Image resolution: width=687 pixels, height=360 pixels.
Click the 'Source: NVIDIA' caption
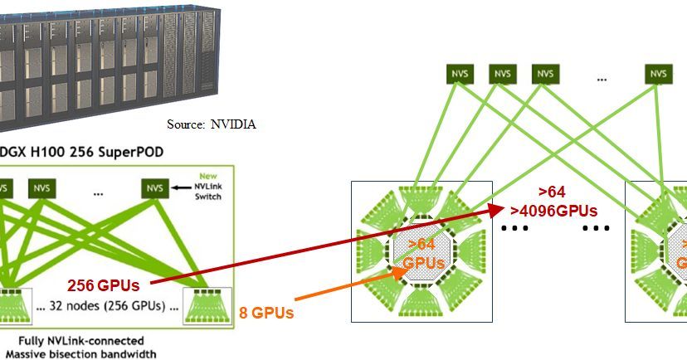(212, 124)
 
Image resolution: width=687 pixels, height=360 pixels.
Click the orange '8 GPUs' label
(267, 313)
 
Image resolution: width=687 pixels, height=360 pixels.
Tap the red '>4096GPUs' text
(553, 210)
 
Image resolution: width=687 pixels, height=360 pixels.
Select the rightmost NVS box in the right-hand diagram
(658, 73)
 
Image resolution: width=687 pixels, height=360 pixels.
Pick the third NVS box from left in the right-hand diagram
(544, 73)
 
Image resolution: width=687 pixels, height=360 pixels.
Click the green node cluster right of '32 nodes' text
(203, 304)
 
